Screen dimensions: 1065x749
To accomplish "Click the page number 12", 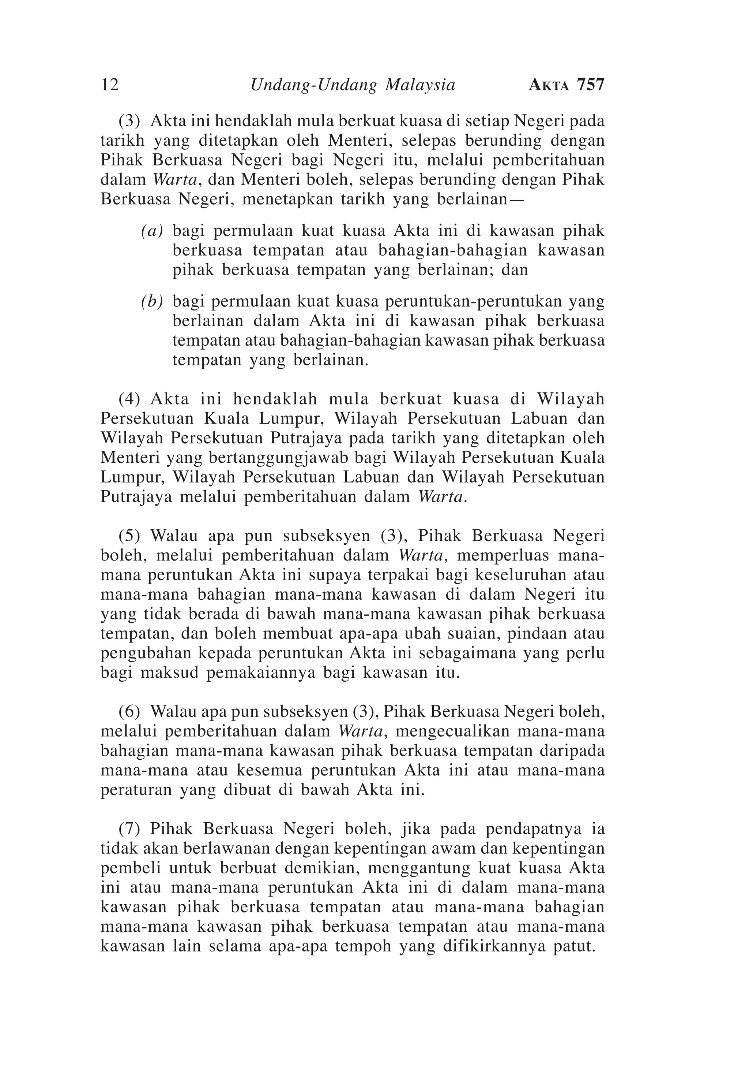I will pyautogui.click(x=110, y=85).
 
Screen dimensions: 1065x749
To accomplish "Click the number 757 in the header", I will pyautogui.click(x=591, y=85).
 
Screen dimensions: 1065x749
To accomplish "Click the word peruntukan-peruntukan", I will pyautogui.click(x=468, y=302).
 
